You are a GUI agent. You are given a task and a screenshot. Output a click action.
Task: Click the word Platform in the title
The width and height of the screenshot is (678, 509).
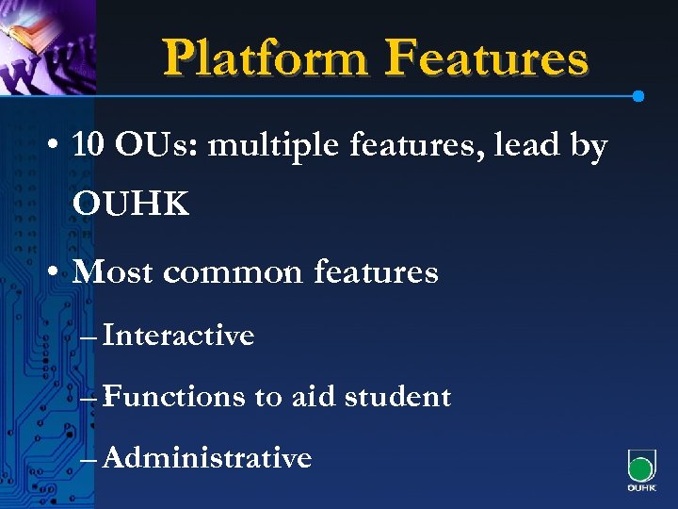(266, 58)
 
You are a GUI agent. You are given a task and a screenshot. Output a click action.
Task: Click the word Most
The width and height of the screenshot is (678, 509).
(112, 272)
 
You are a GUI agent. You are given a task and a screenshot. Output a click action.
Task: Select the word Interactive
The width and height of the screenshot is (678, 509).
(178, 335)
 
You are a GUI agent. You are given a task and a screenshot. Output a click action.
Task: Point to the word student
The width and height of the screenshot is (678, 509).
(397, 397)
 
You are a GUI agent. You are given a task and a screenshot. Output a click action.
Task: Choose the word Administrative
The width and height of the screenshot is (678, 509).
(206, 458)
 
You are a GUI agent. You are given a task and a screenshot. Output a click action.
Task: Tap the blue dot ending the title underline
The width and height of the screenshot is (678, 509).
(638, 96)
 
